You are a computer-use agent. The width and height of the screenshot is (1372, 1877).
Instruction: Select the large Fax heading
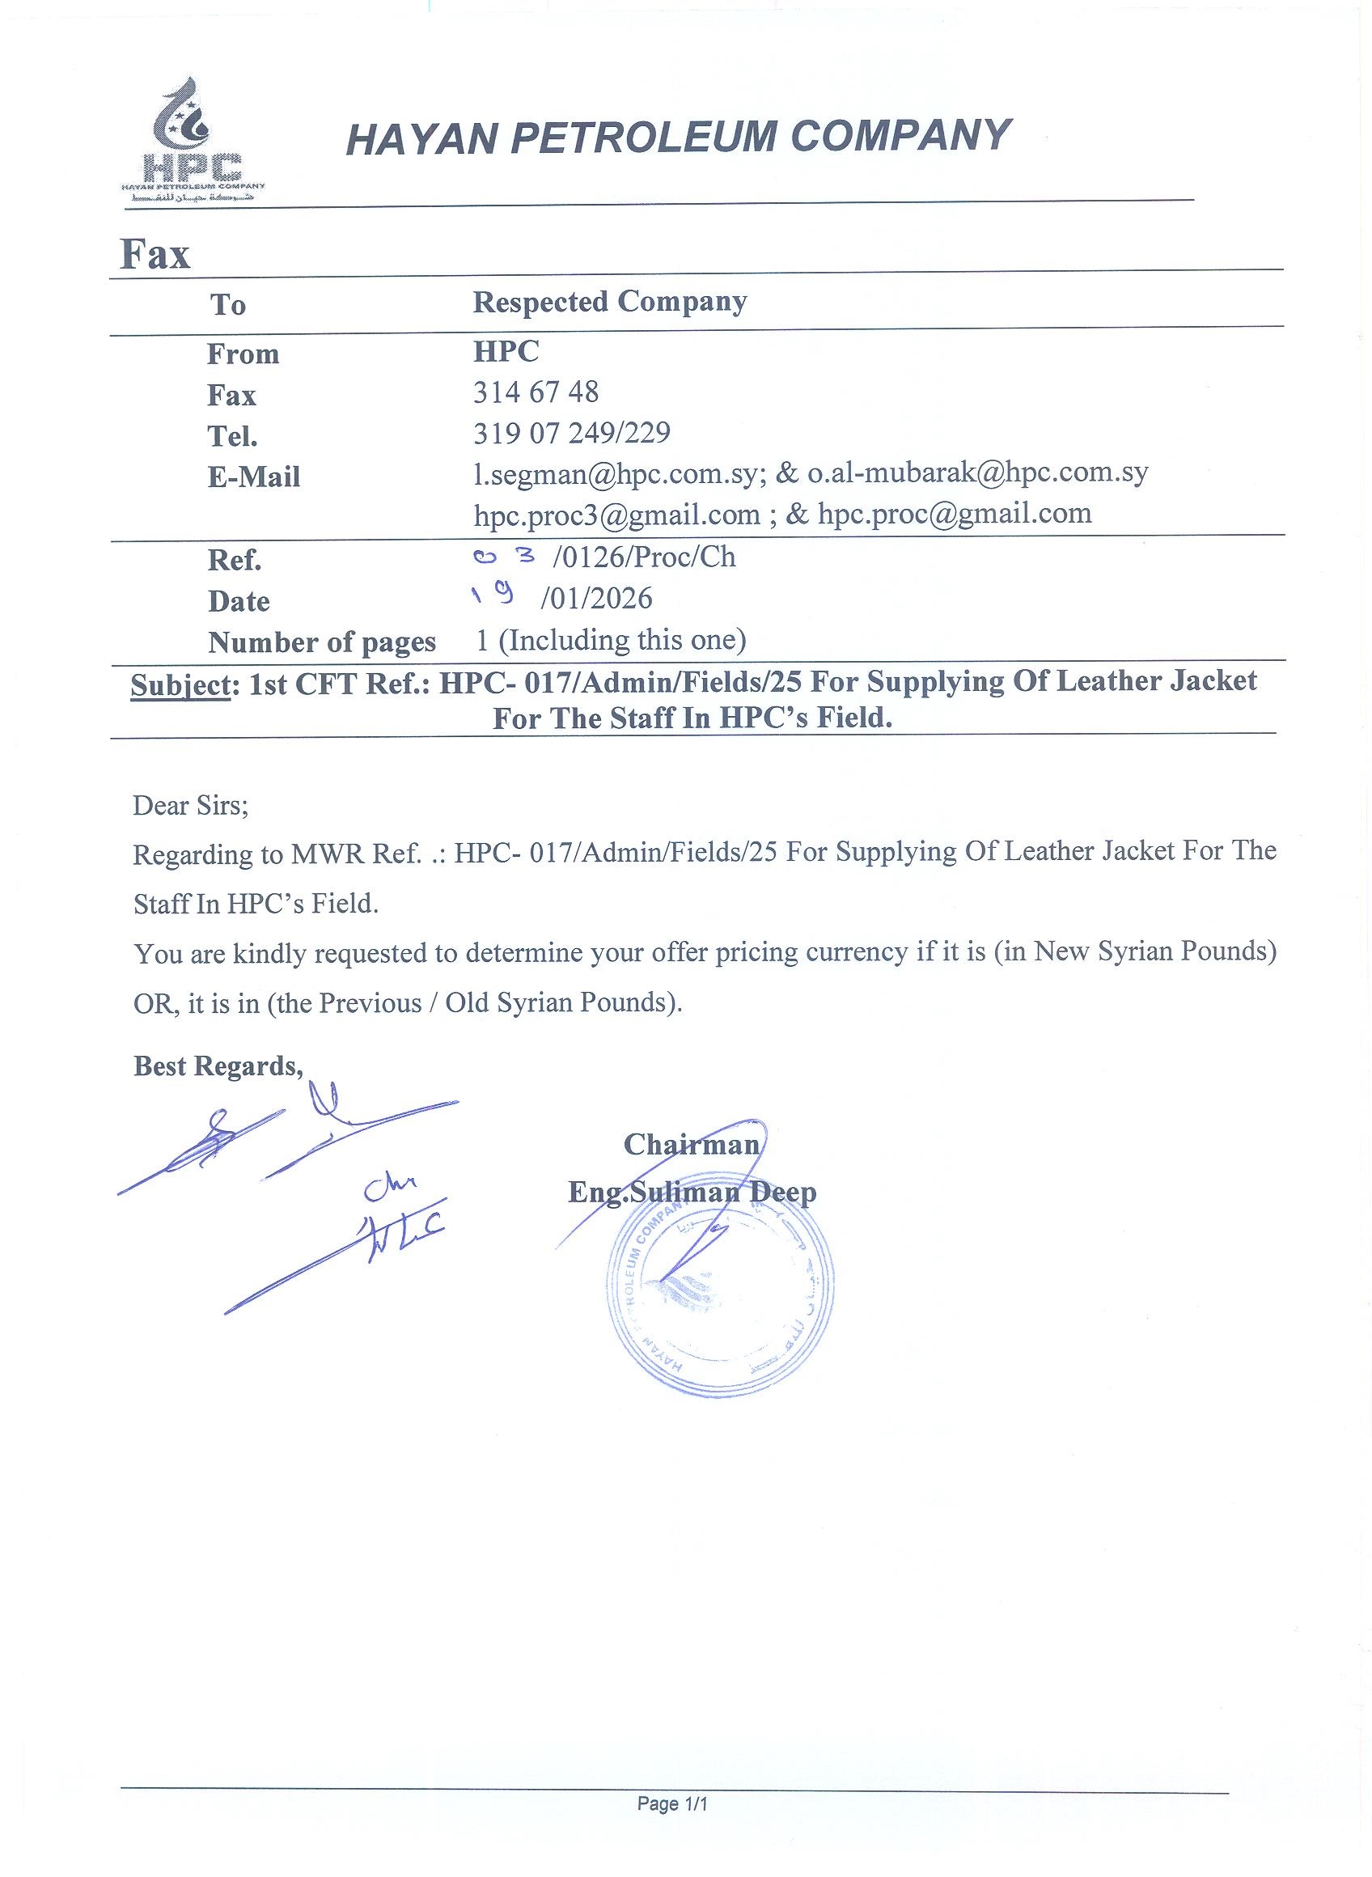click(x=155, y=253)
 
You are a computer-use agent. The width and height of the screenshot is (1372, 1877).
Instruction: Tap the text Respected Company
click(x=610, y=303)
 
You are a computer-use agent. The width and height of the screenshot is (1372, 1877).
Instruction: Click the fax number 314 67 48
click(x=536, y=392)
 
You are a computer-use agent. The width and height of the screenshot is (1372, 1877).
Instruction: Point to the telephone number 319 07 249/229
click(x=571, y=433)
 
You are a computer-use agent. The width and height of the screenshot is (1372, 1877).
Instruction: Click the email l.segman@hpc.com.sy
click(x=615, y=473)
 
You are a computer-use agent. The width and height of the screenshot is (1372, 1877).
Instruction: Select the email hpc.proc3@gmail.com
click(x=616, y=515)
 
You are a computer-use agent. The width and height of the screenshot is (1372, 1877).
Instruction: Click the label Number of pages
click(x=321, y=642)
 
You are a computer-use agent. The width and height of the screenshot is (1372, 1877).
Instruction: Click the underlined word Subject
click(x=180, y=684)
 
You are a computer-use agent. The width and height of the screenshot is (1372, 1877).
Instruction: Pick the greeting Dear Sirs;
click(x=190, y=806)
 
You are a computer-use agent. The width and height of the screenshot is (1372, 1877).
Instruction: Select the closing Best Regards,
click(x=218, y=1066)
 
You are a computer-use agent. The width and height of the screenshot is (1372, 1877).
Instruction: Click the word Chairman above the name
click(x=691, y=1146)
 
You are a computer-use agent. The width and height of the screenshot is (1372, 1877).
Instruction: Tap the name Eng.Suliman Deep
click(x=692, y=1193)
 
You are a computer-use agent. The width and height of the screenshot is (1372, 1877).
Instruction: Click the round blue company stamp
click(x=720, y=1293)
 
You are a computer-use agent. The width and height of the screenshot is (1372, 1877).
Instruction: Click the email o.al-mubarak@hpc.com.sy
click(x=977, y=473)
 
